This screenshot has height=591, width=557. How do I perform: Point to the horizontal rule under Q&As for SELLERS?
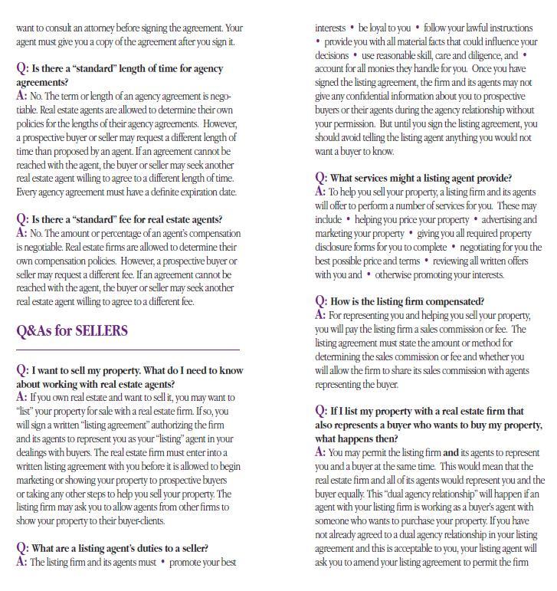click(x=128, y=350)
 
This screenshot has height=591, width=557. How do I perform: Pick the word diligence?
click(x=478, y=55)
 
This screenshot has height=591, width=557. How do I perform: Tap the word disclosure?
click(x=336, y=247)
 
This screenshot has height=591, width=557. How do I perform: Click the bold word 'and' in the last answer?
click(x=451, y=452)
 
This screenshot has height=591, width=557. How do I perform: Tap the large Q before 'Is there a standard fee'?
click(x=22, y=219)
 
